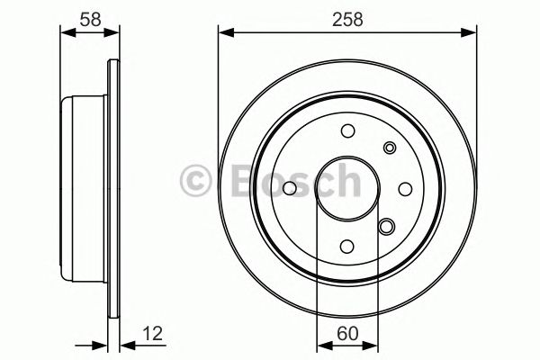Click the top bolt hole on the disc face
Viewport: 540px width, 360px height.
[347, 132]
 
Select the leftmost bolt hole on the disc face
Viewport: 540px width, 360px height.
[290, 188]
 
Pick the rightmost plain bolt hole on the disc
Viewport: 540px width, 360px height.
[404, 188]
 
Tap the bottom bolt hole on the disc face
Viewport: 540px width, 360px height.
[347, 245]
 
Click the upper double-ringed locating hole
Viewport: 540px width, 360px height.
[389, 148]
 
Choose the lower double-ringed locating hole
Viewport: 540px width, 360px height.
[388, 228]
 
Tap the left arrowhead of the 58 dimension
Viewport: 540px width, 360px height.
[65, 33]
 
